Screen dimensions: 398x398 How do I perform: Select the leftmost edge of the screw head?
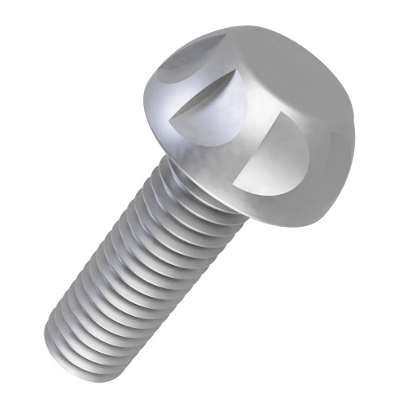[146, 99]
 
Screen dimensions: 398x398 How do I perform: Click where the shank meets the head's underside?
[187, 179]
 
